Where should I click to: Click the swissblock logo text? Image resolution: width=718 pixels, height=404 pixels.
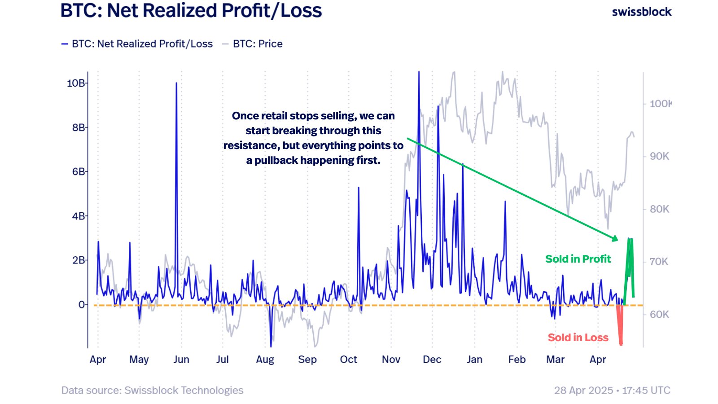(x=641, y=12)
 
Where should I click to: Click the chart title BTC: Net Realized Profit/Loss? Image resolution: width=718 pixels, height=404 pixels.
(x=191, y=11)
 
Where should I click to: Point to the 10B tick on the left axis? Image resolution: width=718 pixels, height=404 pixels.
(x=76, y=83)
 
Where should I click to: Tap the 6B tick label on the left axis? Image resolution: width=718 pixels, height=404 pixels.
(x=78, y=171)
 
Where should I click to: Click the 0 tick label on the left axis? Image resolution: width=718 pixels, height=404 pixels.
(x=81, y=305)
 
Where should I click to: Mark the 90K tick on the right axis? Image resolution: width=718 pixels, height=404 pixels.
(x=659, y=156)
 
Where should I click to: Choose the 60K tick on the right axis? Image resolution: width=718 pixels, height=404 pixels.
(x=659, y=314)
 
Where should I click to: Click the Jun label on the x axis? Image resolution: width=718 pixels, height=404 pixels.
(x=181, y=360)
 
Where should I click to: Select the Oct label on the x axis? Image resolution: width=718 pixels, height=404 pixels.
(x=349, y=360)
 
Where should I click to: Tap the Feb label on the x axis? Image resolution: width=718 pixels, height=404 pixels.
(x=517, y=360)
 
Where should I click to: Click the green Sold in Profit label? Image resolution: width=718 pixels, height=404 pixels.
(x=578, y=259)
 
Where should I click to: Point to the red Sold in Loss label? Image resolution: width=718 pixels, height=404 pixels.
(x=578, y=338)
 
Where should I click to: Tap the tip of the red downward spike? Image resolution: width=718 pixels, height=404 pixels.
(x=621, y=344)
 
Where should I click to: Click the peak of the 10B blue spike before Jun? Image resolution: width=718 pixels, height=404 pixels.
(x=176, y=83)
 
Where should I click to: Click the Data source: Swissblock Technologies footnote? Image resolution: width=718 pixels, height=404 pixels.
(x=152, y=391)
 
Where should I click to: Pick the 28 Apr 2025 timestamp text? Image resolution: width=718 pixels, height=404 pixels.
(x=583, y=391)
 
